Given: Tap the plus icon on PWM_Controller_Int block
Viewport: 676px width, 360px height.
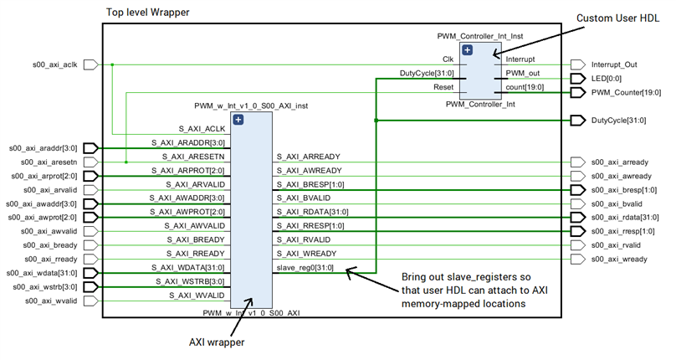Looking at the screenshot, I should (x=468, y=50).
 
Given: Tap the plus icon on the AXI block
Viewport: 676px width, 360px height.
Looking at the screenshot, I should (x=238, y=120).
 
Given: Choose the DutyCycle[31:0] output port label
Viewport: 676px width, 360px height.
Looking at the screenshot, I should (x=619, y=121).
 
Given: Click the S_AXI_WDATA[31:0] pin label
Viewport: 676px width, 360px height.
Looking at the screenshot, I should (x=187, y=267).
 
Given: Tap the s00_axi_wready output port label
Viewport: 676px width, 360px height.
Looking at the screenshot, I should (x=621, y=259).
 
